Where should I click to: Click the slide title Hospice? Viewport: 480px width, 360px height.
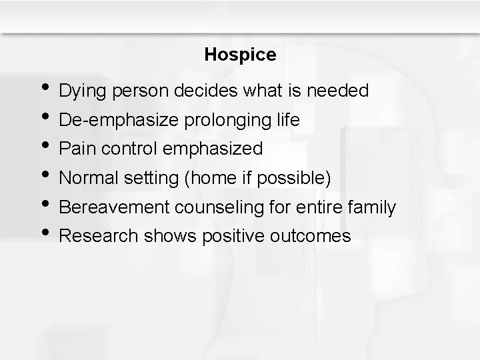[240, 55]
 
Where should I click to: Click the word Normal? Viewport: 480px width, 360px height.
[87, 179]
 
